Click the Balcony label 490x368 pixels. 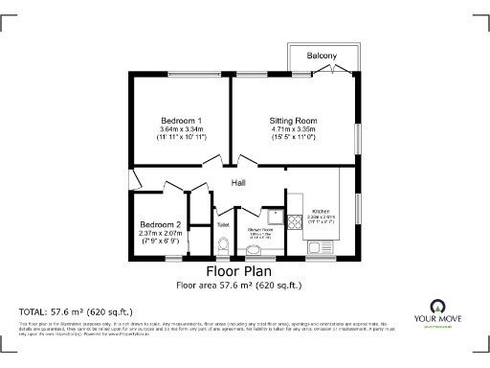click(x=321, y=57)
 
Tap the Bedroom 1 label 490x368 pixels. click(x=181, y=120)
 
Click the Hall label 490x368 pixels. click(x=239, y=182)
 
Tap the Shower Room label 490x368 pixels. click(x=260, y=230)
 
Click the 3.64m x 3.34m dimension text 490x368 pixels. click(x=181, y=129)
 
